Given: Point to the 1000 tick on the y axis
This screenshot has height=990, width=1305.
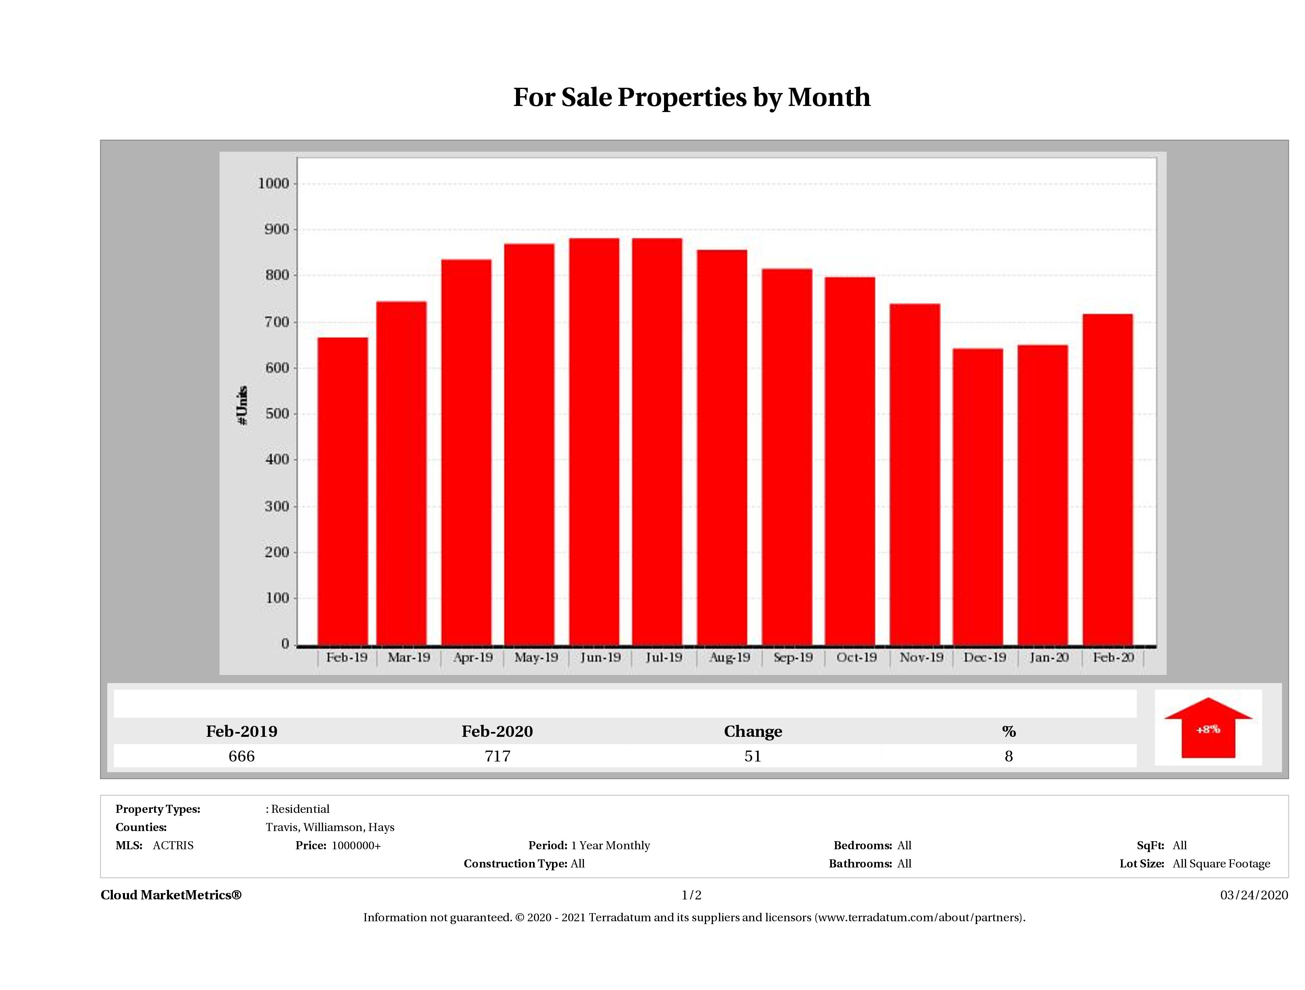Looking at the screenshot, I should (x=274, y=184).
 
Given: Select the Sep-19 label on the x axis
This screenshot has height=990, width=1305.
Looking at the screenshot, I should (x=793, y=657).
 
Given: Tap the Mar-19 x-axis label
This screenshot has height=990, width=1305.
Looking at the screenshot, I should (x=408, y=657).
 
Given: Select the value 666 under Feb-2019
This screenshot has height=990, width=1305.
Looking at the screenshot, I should (x=241, y=756).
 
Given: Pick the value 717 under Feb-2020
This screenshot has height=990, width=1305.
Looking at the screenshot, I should (x=497, y=756).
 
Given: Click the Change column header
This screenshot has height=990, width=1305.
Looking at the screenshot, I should (x=753, y=732).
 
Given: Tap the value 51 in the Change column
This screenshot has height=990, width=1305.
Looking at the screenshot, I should (x=753, y=756).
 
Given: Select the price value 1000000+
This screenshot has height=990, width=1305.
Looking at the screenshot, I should (x=356, y=846).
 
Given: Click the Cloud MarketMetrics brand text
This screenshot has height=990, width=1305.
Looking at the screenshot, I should (x=171, y=895).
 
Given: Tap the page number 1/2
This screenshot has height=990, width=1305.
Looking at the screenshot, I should (x=692, y=895).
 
